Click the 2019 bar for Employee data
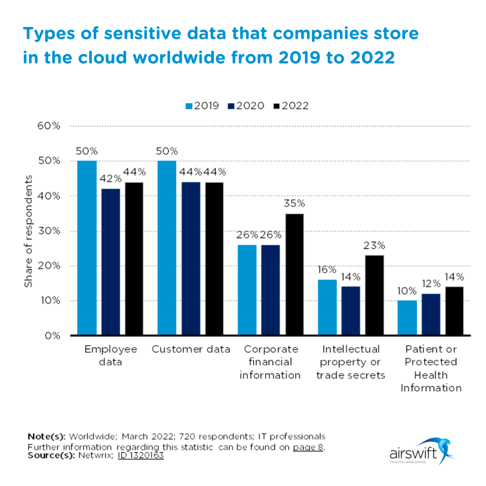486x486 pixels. tap(86, 248)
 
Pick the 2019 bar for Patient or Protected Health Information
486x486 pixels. tap(407, 318)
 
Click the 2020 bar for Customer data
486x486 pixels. tap(191, 259)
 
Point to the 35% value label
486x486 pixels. tap(294, 204)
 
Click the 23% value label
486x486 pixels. tap(374, 246)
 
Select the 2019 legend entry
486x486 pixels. tap(202, 106)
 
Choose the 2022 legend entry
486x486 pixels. tap(291, 106)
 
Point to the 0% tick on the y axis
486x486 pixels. tap(52, 336)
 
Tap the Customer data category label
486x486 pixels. tap(191, 349)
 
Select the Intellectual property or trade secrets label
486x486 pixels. tap(351, 362)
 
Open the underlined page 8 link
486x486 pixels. tap(308, 447)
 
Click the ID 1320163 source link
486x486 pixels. tap(141, 455)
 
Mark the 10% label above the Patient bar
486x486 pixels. tap(407, 291)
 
